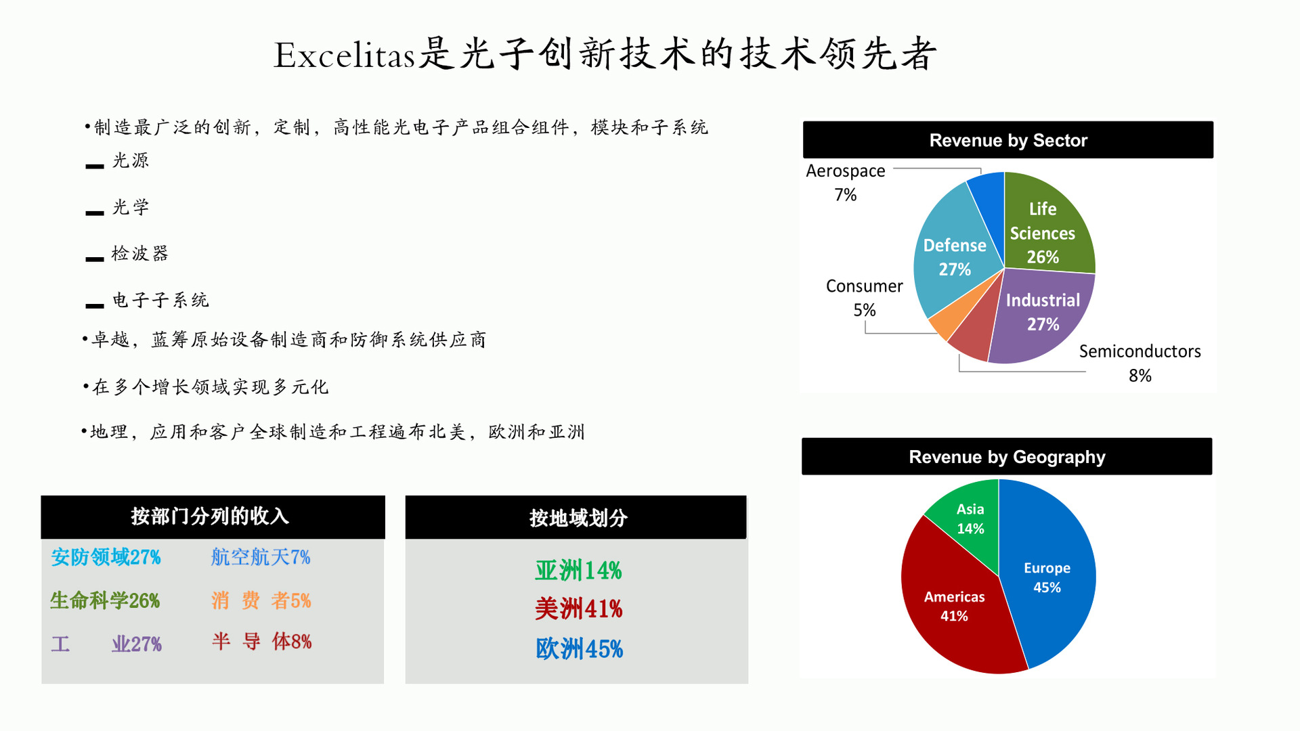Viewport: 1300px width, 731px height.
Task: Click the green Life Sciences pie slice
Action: pos(1046,227)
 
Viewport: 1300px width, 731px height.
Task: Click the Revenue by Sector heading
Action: pos(1008,140)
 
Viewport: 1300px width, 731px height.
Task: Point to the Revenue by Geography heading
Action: pos(1007,457)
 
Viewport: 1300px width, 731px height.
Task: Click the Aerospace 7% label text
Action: pos(846,183)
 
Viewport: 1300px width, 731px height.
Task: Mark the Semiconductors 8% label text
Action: pos(1140,363)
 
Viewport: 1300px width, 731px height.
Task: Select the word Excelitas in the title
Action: pos(344,55)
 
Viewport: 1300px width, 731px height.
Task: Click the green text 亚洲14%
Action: pos(578,571)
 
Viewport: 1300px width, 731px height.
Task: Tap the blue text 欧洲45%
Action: pos(579,649)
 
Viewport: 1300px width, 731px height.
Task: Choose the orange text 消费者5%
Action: pos(261,600)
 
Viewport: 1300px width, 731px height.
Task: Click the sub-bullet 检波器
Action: pos(140,253)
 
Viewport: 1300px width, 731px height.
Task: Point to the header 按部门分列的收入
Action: pos(210,516)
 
